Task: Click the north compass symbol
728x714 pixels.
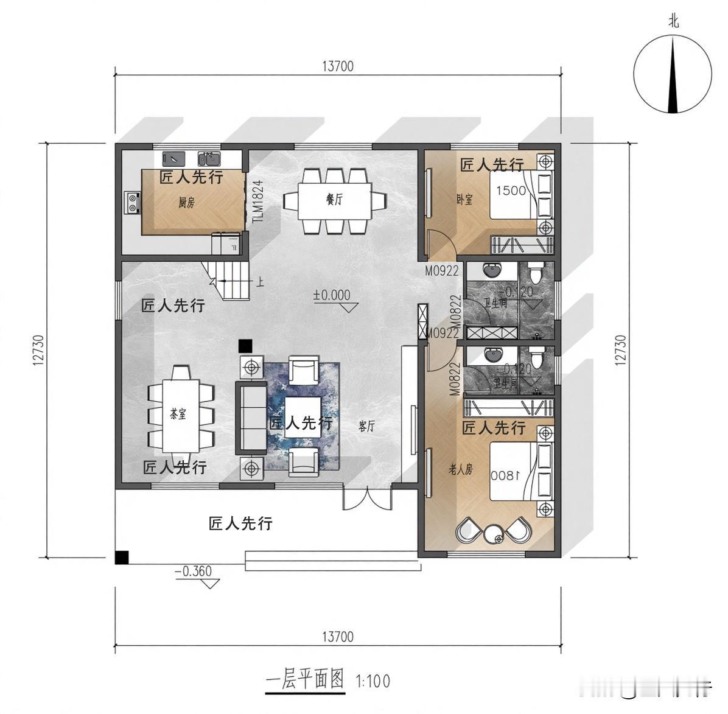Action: (672, 74)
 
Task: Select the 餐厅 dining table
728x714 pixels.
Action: (334, 200)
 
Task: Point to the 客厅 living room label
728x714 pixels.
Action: (366, 427)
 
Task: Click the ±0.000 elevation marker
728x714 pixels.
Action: (332, 295)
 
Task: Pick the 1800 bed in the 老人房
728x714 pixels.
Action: (514, 472)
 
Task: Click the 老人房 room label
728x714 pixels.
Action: (460, 469)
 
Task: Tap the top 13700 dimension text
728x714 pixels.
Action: (337, 66)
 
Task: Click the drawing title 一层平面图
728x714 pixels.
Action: (306, 679)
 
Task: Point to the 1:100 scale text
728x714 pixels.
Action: (373, 681)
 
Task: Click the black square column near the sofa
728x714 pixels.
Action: (245, 346)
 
